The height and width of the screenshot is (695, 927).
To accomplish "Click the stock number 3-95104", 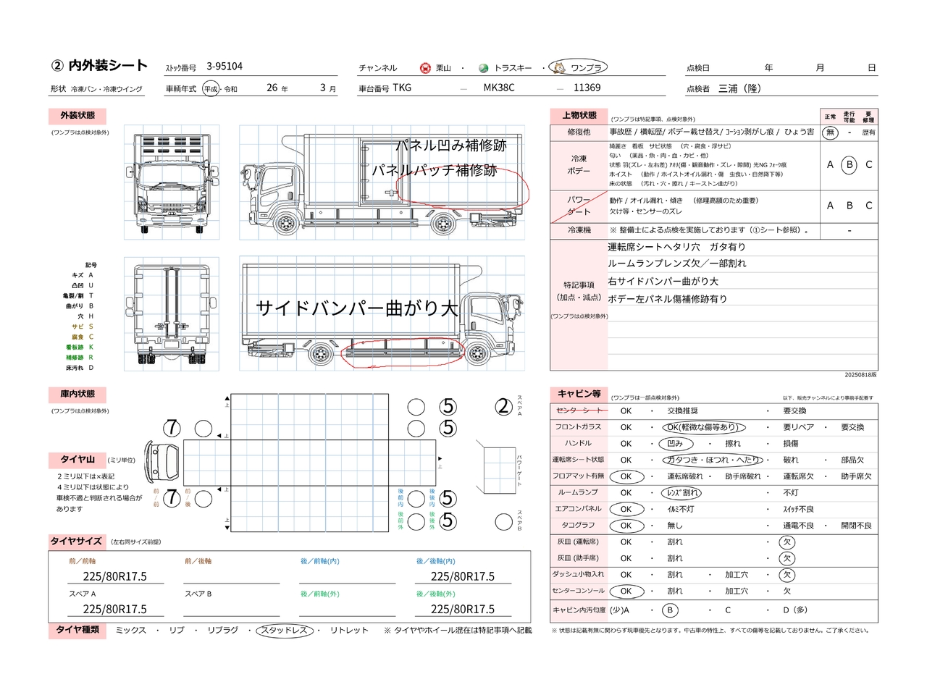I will (x=225, y=67).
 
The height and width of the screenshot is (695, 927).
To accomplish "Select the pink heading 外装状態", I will (x=77, y=116).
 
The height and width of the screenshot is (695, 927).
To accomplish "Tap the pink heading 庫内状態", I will (x=77, y=395).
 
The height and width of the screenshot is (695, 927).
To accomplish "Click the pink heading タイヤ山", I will (x=77, y=460).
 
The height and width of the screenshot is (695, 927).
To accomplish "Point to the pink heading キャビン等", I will (x=579, y=394).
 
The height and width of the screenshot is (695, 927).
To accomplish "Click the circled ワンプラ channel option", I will (x=579, y=68).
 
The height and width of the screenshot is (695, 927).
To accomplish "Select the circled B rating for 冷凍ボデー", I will (x=850, y=165).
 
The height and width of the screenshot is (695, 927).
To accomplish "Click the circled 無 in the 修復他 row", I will (x=830, y=132).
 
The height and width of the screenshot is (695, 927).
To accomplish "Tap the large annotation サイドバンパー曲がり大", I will (x=357, y=308).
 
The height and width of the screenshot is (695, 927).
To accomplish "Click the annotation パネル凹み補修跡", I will (x=450, y=146).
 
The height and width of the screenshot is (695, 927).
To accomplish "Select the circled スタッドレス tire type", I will (x=285, y=631).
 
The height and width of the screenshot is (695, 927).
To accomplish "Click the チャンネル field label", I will (x=378, y=68).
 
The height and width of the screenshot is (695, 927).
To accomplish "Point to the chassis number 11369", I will (x=587, y=88).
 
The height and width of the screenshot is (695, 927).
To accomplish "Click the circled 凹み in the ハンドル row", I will (x=675, y=444).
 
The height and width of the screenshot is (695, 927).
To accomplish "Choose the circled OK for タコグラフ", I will (x=626, y=526).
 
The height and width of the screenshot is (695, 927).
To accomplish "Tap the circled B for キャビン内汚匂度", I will (x=670, y=610).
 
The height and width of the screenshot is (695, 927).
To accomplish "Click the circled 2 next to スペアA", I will (x=504, y=408).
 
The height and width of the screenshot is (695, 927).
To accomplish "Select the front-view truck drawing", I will (x=172, y=182).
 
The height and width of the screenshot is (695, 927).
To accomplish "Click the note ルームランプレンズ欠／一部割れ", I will (x=676, y=264).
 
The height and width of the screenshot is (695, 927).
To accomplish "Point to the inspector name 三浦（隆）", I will (x=739, y=88).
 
